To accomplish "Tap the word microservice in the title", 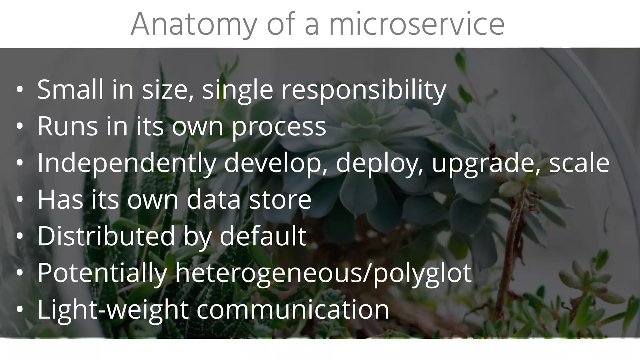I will click(417, 24).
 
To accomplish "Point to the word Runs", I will click(67, 126).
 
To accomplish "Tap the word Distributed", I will click(106, 236).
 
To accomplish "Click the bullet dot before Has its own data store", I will click(20, 200).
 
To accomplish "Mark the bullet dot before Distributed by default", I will click(20, 237).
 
